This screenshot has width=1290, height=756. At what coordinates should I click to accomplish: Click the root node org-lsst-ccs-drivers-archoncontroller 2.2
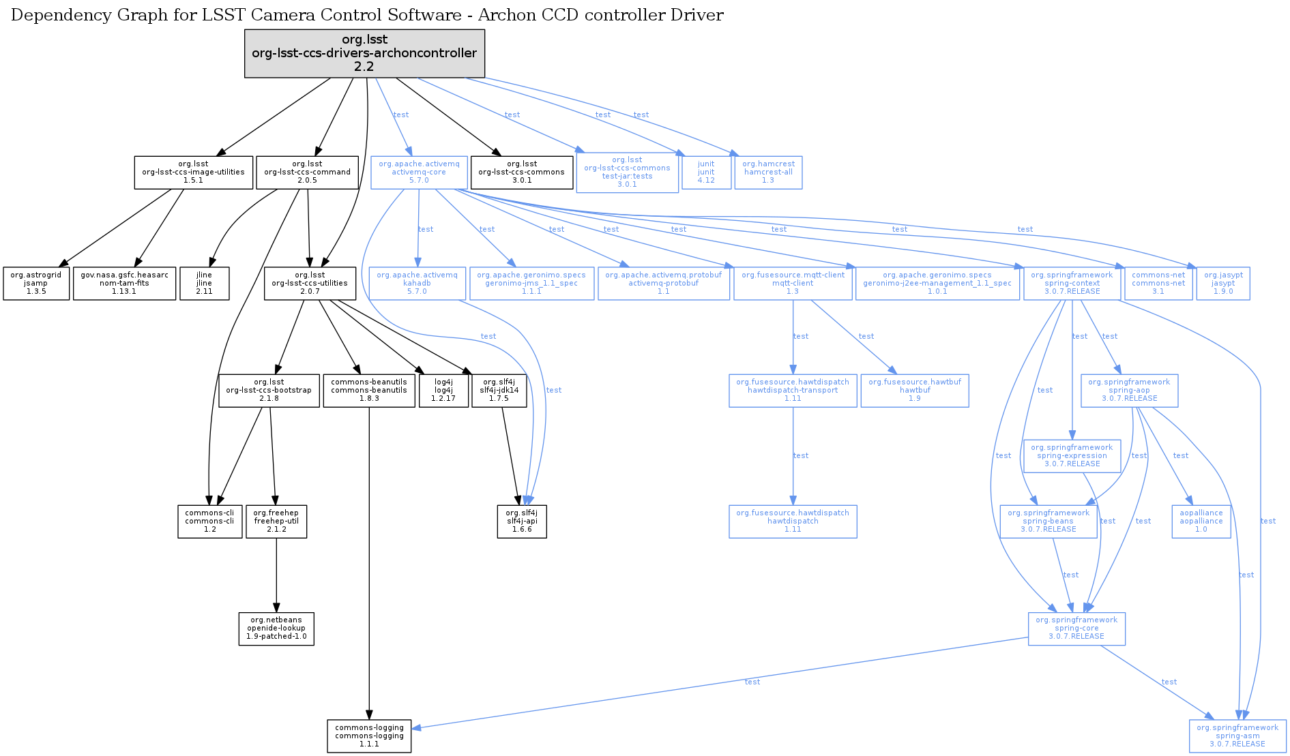coord(364,53)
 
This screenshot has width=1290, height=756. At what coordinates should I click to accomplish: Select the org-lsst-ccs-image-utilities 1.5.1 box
coord(193,172)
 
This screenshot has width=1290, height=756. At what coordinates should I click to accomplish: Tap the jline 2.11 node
coord(204,283)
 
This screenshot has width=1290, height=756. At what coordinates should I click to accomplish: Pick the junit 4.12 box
coord(706,172)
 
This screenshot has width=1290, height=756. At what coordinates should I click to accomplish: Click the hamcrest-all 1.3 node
coord(768,172)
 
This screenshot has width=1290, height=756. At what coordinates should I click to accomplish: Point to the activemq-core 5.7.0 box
coord(419,172)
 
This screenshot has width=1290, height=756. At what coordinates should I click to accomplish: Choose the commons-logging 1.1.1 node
coord(369,736)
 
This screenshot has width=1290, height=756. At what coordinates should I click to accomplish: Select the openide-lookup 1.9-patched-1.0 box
coord(276,629)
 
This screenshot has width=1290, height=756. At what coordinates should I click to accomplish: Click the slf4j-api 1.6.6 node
coord(522,521)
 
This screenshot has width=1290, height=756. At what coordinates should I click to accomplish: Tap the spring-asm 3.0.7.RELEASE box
coord(1237,736)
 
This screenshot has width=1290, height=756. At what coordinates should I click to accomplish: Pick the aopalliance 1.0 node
coord(1201,521)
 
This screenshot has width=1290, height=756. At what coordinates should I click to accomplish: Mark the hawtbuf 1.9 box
coord(914,391)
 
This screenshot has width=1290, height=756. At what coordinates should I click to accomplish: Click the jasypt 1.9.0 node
coord(1222,284)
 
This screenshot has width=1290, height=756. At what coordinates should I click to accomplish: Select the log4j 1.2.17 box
coord(443,391)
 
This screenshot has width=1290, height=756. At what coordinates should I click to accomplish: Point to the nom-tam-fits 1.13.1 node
coord(124,283)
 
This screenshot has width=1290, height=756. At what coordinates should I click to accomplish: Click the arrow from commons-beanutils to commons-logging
coord(369,559)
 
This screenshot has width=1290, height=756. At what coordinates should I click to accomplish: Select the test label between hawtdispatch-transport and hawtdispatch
coord(801,456)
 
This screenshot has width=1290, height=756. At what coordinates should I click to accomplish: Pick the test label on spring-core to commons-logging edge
coord(752,682)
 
